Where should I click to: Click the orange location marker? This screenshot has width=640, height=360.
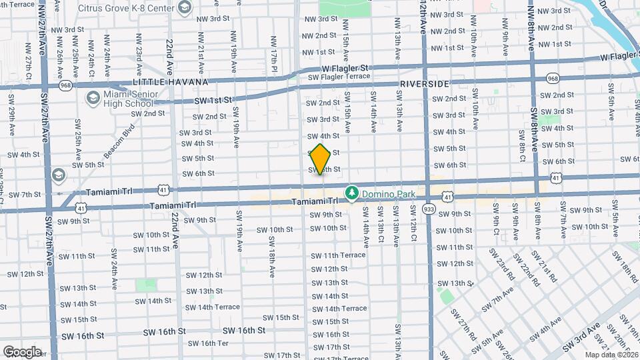point(321,159)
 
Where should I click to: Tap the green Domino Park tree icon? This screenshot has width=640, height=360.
point(351,193)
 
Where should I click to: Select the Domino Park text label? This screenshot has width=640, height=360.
point(388,194)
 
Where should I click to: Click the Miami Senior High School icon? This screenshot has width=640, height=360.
point(93,99)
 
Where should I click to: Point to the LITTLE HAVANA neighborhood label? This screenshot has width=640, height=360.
point(171,82)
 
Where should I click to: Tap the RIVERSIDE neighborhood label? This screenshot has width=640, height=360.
point(425,84)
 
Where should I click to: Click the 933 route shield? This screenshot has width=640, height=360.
point(429,209)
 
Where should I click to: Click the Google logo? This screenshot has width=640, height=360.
point(22,351)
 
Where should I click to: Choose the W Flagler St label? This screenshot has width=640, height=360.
point(345,68)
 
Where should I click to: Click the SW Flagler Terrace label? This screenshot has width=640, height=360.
point(339,77)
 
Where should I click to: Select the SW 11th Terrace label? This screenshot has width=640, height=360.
point(339,255)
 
